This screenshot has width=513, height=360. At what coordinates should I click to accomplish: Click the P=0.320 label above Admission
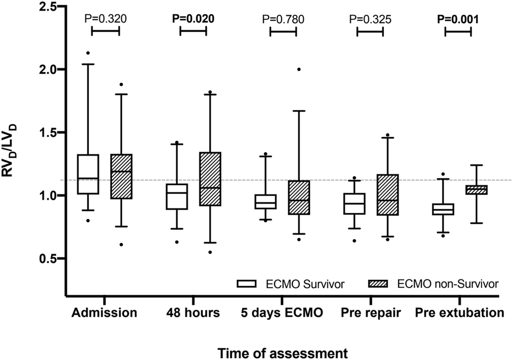106,20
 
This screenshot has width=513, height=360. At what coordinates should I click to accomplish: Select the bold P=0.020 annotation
193,20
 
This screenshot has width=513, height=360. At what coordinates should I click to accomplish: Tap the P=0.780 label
283,20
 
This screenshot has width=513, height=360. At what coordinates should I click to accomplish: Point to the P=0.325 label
370,20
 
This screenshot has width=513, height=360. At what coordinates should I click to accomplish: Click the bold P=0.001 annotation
458,20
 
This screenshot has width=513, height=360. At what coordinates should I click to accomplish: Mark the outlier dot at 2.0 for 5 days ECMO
299,69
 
